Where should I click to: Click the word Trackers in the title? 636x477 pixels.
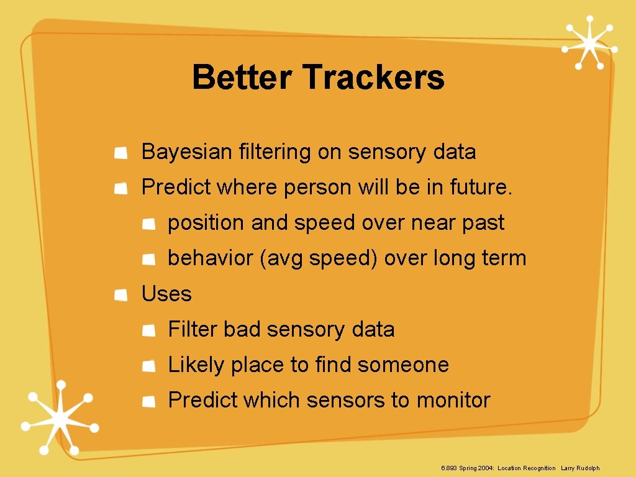(x=374, y=78)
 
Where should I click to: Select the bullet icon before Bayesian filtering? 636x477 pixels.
(x=122, y=152)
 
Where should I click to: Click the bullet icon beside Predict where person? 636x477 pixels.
(x=122, y=188)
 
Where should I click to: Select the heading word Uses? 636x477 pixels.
(x=166, y=294)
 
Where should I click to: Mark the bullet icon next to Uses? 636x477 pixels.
(x=122, y=294)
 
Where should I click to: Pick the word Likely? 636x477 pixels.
(x=196, y=365)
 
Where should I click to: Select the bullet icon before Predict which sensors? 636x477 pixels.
(x=148, y=401)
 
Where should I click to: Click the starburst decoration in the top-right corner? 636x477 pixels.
(x=589, y=43)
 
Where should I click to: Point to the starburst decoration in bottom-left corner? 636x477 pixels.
(x=57, y=417)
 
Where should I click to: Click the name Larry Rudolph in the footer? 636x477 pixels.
(x=580, y=468)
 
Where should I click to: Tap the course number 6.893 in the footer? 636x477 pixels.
(x=448, y=468)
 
